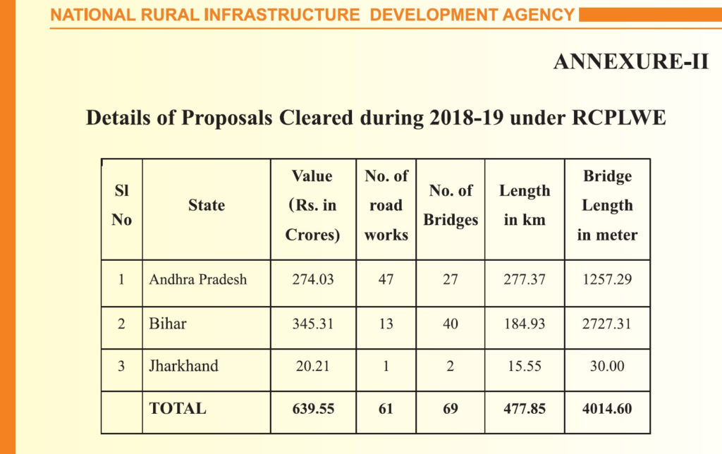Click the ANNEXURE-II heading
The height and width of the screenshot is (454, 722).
tap(630, 62)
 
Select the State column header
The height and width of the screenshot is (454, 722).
tap(207, 206)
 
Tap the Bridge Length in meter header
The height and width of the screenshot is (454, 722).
tap(607, 206)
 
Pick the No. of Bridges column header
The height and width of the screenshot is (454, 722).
tap(451, 205)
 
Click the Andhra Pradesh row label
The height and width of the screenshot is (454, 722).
tap(198, 279)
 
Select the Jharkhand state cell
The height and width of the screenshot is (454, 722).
tap(183, 366)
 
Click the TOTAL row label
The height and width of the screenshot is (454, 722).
tap(178, 408)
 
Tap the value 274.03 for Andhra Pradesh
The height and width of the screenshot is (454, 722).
tap(313, 279)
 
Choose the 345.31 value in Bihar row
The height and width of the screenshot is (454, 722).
tap(313, 324)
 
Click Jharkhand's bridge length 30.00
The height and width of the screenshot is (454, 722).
tap(607, 366)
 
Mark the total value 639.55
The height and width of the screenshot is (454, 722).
tap(313, 408)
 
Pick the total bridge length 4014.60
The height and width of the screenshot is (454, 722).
tap(607, 408)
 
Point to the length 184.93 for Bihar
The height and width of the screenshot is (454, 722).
tap(525, 324)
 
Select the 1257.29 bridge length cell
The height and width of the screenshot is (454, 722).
tap(607, 279)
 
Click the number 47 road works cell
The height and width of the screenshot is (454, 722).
tap(386, 279)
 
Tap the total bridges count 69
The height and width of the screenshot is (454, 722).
tap(451, 408)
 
